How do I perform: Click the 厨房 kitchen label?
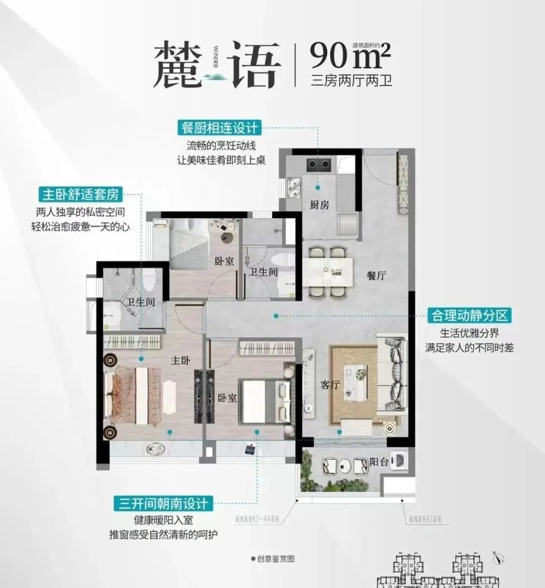[319, 204]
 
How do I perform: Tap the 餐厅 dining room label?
[376, 275]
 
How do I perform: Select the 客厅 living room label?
[330, 385]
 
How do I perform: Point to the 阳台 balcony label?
[379, 461]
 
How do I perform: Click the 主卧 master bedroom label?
[180, 360]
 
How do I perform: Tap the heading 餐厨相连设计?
[219, 128]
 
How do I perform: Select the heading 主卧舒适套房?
[81, 194]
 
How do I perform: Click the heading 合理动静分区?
[469, 315]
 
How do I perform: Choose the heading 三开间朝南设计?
[163, 503]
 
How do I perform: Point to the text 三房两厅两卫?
[351, 80]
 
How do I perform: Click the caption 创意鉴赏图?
[272, 559]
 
